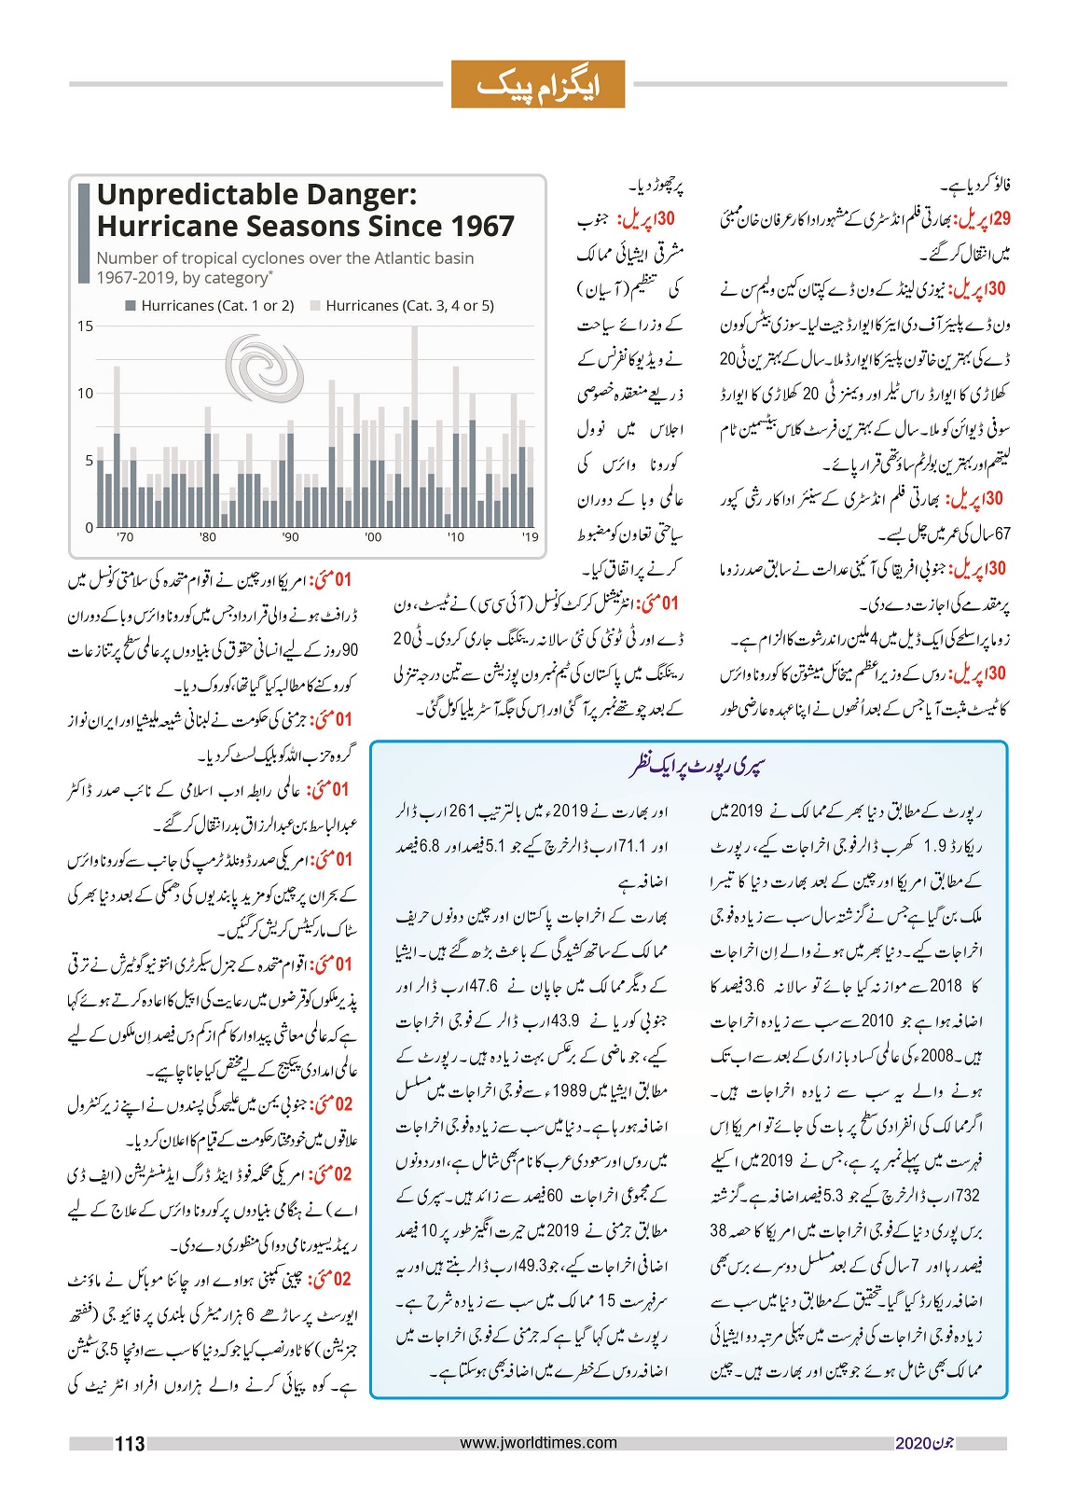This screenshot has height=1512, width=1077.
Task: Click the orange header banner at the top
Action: [x=538, y=85]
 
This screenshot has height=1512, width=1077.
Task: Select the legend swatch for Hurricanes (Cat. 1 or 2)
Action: [x=131, y=306]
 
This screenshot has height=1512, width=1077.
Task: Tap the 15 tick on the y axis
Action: [x=86, y=326]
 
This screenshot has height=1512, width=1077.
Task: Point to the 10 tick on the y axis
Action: [x=86, y=394]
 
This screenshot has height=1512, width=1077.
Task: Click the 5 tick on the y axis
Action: [x=90, y=461]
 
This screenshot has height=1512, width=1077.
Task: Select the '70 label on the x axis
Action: [x=125, y=537]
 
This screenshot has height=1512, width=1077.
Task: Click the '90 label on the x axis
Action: [x=291, y=537]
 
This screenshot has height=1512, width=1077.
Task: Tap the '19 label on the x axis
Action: [x=530, y=537]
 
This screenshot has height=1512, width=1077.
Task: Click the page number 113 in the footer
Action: [x=130, y=1444]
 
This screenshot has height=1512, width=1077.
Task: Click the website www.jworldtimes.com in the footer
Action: [x=539, y=1443]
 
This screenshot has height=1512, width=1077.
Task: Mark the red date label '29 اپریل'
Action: [x=986, y=219]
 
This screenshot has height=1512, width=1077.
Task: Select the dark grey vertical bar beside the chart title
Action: [x=84, y=234]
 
